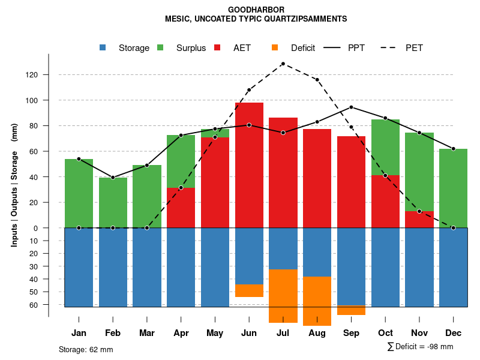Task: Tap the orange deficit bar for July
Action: pos(283,296)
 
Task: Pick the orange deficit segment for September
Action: pos(352,310)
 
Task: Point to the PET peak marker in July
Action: pos(283,64)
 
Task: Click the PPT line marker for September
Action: pos(352,107)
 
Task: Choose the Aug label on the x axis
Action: pos(317,333)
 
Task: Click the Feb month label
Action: pos(113,333)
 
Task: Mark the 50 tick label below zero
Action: pos(34,292)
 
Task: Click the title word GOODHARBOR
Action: pos(256,10)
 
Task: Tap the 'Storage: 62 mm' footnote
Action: pos(86,349)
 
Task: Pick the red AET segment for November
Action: pos(419,220)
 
